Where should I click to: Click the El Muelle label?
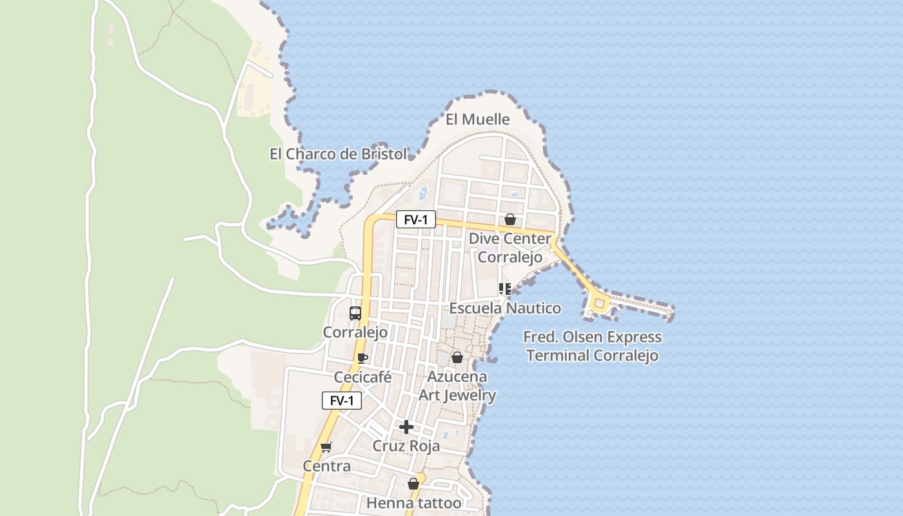coord(477,119)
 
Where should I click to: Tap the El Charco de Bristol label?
coord(338,154)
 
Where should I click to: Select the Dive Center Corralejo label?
coord(510,248)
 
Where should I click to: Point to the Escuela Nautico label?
coord(505,308)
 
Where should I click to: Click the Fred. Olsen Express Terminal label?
coord(592,346)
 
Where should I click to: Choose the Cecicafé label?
coord(362,377)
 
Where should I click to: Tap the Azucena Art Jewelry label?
coord(457,386)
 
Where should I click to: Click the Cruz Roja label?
coord(406,446)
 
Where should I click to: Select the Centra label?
coord(327,466)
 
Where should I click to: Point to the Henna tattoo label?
coord(414,503)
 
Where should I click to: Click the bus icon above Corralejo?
coord(355,313)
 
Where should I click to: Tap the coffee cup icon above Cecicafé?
coord(362,358)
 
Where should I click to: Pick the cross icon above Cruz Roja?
coord(406,427)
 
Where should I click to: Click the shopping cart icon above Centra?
coord(326,447)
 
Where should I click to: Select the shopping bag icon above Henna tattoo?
coord(413,484)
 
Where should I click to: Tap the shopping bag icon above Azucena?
coord(457,357)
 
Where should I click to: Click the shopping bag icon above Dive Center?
coord(510,219)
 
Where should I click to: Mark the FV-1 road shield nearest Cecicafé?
coord(342,401)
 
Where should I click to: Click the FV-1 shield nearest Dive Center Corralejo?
coord(415,220)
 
